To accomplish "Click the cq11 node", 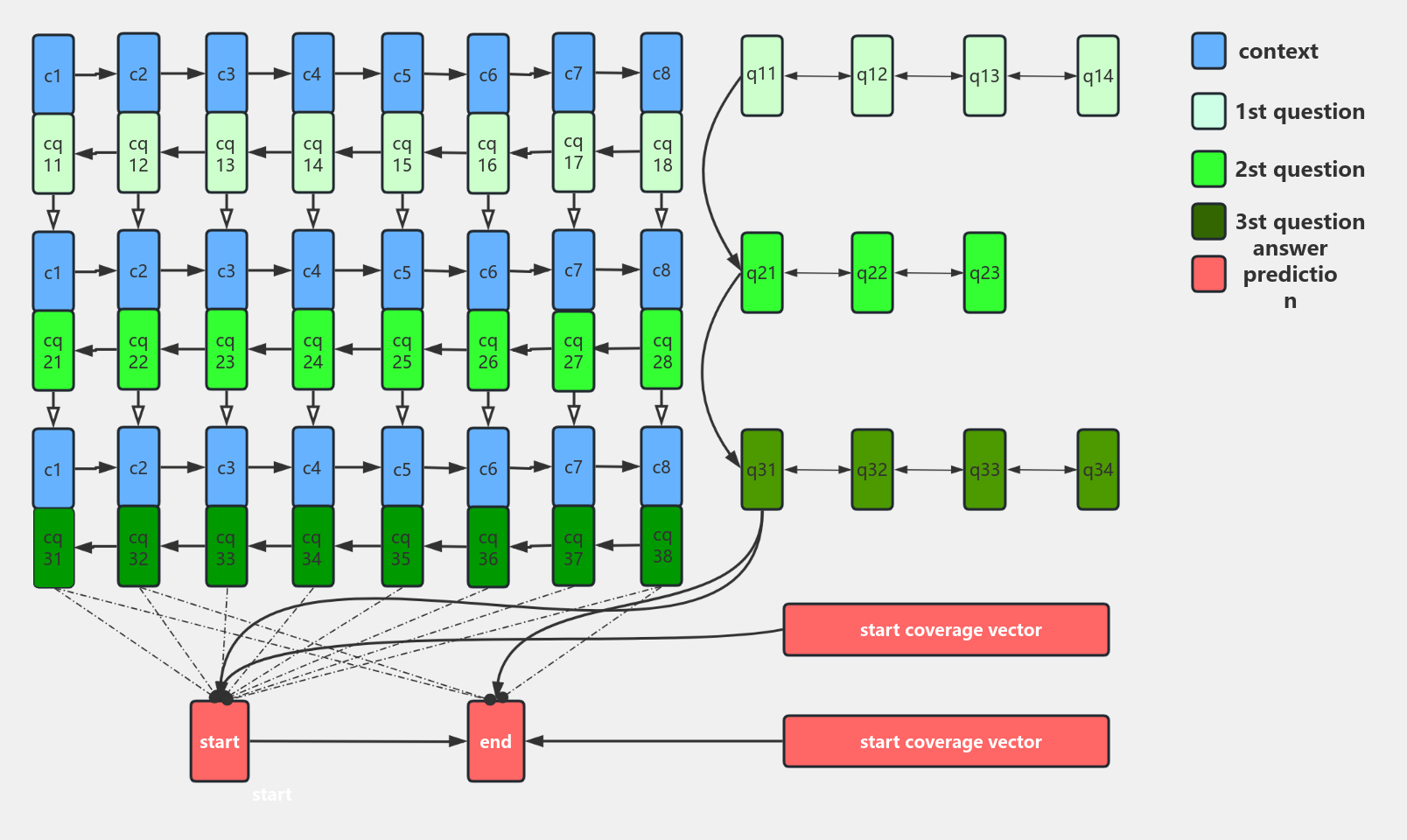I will pos(53,154).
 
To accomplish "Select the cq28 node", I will pos(661,350).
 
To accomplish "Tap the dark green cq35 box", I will pos(402,548).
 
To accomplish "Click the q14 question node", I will pos(1097,76).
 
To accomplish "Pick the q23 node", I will pos(984,273).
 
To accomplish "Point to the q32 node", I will pos(871,470).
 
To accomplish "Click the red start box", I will pos(220,741).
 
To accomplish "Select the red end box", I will pos(495,741).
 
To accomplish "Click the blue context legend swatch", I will pos(1208,51).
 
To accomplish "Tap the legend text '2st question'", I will pos(1299,169).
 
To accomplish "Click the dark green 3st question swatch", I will pos(1208,221).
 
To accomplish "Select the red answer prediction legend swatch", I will pos(1208,274).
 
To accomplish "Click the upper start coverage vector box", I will pos(946,630).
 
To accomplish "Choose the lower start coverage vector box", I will pos(946,742).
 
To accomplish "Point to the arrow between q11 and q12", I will pos(817,76).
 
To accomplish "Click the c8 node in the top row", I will pos(661,73).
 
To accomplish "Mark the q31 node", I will pos(761,470).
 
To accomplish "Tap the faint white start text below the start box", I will pos(271,794).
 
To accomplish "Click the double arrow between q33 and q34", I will pos(1041,470).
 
